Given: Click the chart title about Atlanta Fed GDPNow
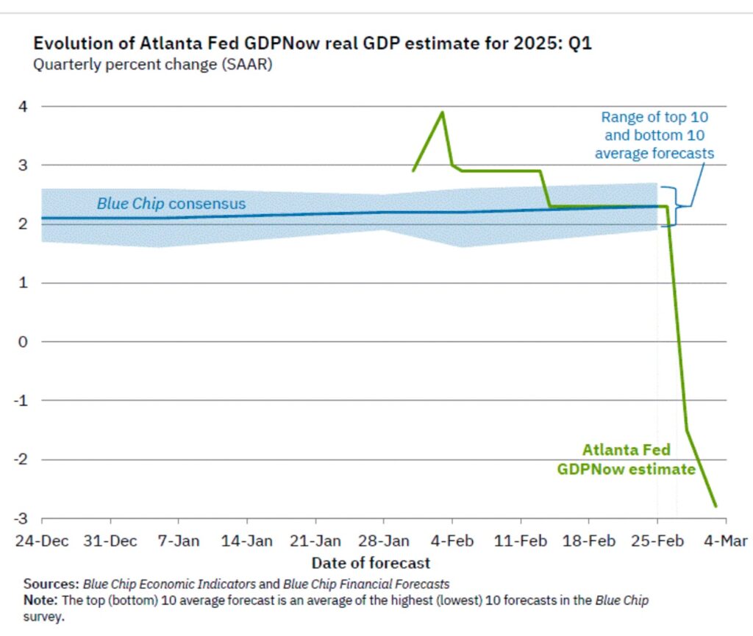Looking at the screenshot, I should point(313,43).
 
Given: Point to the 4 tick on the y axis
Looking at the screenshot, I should point(24,106).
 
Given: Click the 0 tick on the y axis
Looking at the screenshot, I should point(24,342).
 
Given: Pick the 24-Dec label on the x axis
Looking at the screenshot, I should point(41,541).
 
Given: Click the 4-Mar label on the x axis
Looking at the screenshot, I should point(726,541).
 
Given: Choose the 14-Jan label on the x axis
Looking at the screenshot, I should point(246,541).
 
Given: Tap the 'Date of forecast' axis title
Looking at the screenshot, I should point(371,563).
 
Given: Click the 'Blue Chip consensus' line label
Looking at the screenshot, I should point(171,204).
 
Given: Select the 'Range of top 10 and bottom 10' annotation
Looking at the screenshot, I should point(654,135).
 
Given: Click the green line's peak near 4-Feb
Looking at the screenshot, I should point(442,112).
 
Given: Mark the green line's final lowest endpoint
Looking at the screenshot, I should point(715,507).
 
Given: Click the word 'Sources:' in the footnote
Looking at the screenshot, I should point(51,584).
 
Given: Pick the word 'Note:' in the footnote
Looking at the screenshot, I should point(41,600).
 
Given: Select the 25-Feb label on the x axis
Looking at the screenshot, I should point(657,541).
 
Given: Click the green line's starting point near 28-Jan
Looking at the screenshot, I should point(413,171).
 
